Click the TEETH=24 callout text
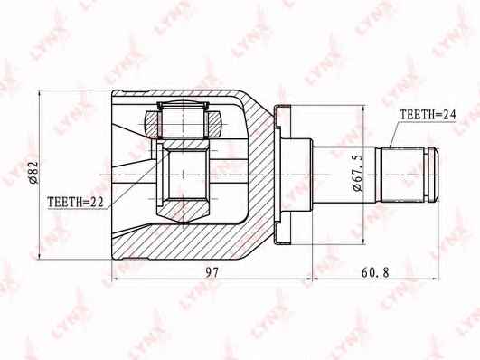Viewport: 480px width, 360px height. pos(428,115)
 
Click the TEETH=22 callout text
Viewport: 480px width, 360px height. pos(75,202)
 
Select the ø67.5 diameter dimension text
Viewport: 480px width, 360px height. pos(357,174)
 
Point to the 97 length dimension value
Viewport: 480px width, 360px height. pos(212,272)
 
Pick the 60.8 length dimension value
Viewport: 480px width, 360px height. pos(375,272)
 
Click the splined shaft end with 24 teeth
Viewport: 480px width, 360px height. pos(402,175)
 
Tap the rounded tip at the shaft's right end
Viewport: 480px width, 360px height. pos(433,175)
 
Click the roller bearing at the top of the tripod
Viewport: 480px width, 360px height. pos(183,120)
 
